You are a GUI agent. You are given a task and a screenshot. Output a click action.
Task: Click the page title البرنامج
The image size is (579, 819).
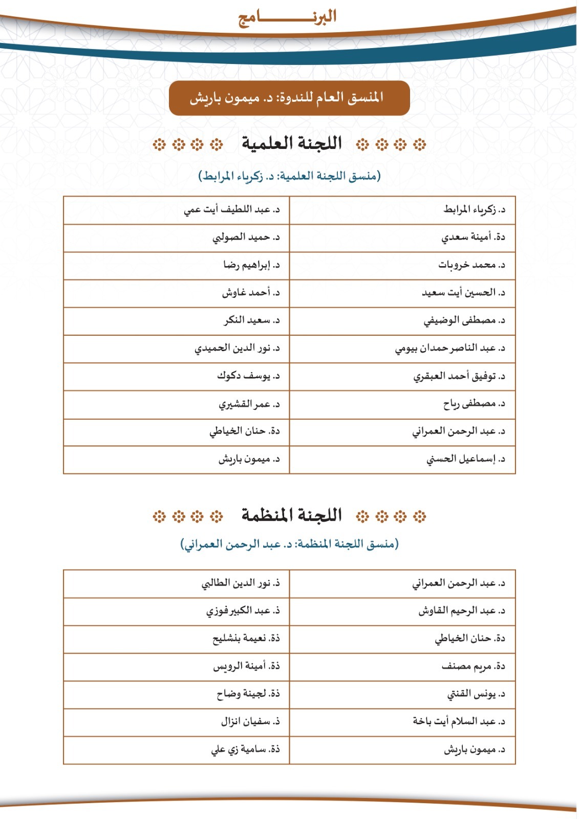(287, 17)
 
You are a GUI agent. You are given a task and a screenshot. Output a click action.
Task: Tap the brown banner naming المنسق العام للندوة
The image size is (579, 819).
(289, 98)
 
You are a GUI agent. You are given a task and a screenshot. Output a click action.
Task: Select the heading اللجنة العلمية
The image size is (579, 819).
(291, 144)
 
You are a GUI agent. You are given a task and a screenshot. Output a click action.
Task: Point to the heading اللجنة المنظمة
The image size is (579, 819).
(291, 515)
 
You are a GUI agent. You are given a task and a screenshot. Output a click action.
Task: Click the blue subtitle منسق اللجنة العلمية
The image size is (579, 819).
(289, 176)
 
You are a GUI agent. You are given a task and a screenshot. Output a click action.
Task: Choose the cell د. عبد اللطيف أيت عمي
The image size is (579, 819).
(232, 210)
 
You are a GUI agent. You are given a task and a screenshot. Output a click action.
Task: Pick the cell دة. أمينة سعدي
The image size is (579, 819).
(473, 238)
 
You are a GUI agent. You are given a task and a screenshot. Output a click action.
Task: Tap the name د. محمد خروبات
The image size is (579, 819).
(471, 265)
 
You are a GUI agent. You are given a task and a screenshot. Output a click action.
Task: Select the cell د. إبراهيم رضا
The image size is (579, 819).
(251, 265)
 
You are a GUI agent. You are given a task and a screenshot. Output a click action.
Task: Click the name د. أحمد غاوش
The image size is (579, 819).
(251, 293)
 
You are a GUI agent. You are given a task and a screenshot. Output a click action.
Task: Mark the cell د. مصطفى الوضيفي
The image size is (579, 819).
(464, 320)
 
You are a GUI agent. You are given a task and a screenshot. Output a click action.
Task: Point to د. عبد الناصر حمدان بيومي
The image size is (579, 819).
(450, 349)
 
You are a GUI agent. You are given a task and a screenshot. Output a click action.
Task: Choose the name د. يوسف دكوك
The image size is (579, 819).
(248, 376)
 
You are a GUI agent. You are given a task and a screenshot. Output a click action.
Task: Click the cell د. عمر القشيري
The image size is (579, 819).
(249, 404)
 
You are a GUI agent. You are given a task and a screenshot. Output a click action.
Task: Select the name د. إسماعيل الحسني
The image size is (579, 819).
(466, 459)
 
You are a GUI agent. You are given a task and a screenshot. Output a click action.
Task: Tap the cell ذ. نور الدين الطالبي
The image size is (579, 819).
(241, 584)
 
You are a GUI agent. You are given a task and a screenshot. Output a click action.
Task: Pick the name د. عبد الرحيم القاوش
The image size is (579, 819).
(462, 611)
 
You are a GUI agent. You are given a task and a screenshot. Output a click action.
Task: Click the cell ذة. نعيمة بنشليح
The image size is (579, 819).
(246, 639)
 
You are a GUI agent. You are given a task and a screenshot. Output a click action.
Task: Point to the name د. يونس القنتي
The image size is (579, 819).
(476, 695)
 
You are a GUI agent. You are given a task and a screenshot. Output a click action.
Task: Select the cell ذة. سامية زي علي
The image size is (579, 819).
(245, 750)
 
